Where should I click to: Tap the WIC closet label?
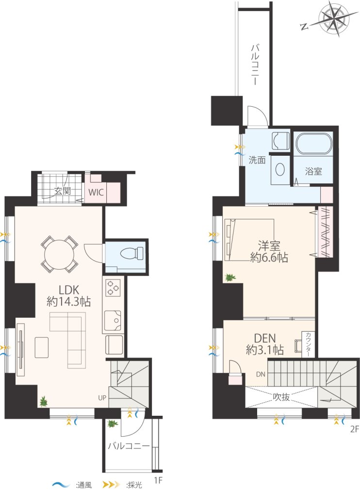(x=96, y=192)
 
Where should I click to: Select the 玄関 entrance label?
(x=63, y=191)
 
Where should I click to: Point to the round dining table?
(x=60, y=255)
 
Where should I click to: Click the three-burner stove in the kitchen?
(x=113, y=288)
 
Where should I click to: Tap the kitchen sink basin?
(x=113, y=320)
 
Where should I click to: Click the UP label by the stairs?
(x=102, y=398)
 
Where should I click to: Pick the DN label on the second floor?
(x=261, y=374)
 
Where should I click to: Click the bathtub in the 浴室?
(x=313, y=144)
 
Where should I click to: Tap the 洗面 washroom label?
(x=257, y=160)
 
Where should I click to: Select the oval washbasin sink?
(x=279, y=170)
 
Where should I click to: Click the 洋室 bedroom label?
(x=269, y=246)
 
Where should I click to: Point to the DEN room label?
(x=265, y=338)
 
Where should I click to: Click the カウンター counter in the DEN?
(x=309, y=344)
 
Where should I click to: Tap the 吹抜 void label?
(x=281, y=397)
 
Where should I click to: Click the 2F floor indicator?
(x=354, y=429)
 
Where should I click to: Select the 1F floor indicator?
(x=159, y=480)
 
